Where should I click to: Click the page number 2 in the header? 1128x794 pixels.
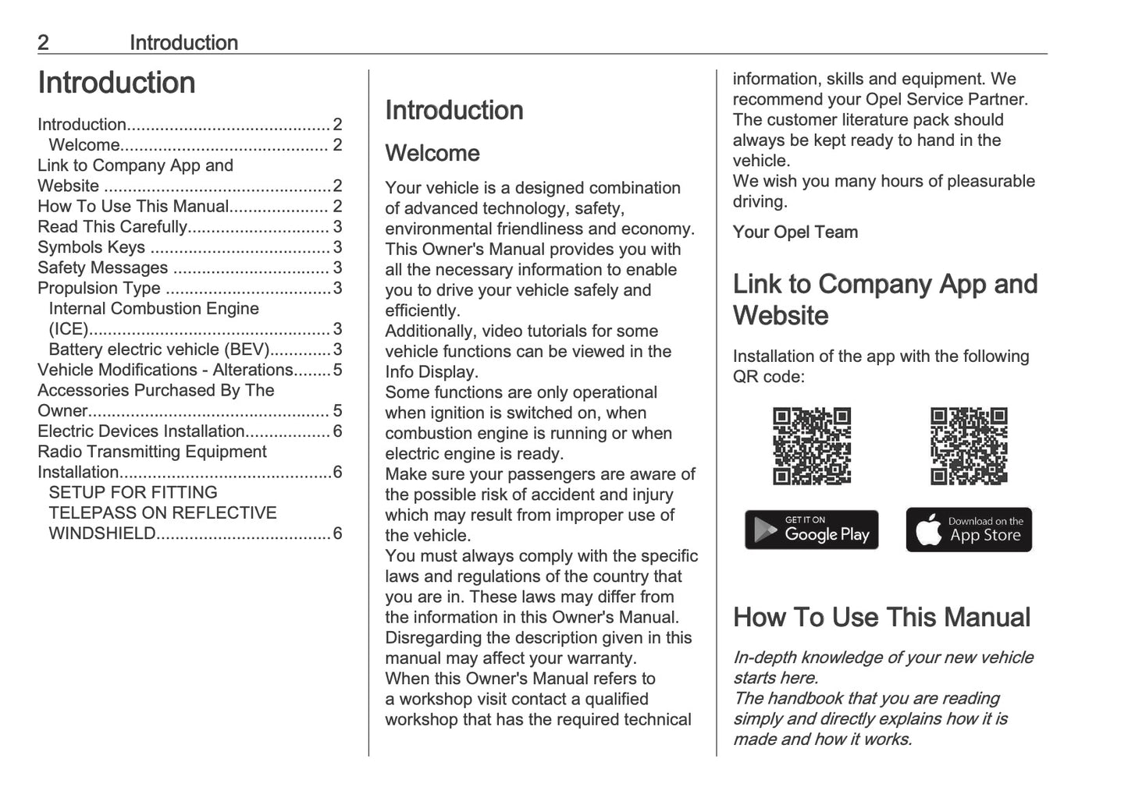coord(44,43)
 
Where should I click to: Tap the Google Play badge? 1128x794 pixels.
coord(811,530)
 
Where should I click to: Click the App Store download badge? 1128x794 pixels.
coord(969,530)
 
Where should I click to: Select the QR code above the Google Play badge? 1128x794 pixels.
coord(812,446)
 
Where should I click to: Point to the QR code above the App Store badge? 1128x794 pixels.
coord(969,446)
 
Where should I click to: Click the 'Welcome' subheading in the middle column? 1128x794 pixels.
coord(432,153)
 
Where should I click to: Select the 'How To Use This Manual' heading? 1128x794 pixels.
coord(881,617)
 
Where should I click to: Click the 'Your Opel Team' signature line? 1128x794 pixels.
coord(795,232)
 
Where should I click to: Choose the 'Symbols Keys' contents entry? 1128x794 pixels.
coord(91,247)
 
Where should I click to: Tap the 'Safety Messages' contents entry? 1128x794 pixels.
coord(102,268)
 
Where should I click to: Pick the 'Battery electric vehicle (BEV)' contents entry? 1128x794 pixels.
coord(158,349)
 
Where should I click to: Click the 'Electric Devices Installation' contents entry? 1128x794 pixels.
coord(141,431)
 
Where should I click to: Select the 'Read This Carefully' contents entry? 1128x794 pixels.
coord(112,227)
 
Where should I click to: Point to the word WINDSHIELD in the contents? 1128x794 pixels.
coord(102,533)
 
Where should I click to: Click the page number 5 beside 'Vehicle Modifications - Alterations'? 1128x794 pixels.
coord(337,370)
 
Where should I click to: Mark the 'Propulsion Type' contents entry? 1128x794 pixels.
coord(99,288)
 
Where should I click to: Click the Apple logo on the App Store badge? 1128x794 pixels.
coord(928,530)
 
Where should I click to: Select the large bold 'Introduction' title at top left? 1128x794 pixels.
coord(116,83)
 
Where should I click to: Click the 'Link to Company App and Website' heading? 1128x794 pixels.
coord(884,300)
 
